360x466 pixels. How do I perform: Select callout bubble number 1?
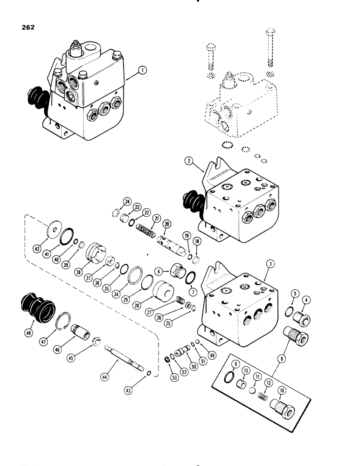(143, 71)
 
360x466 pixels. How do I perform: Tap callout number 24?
(114, 202)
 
